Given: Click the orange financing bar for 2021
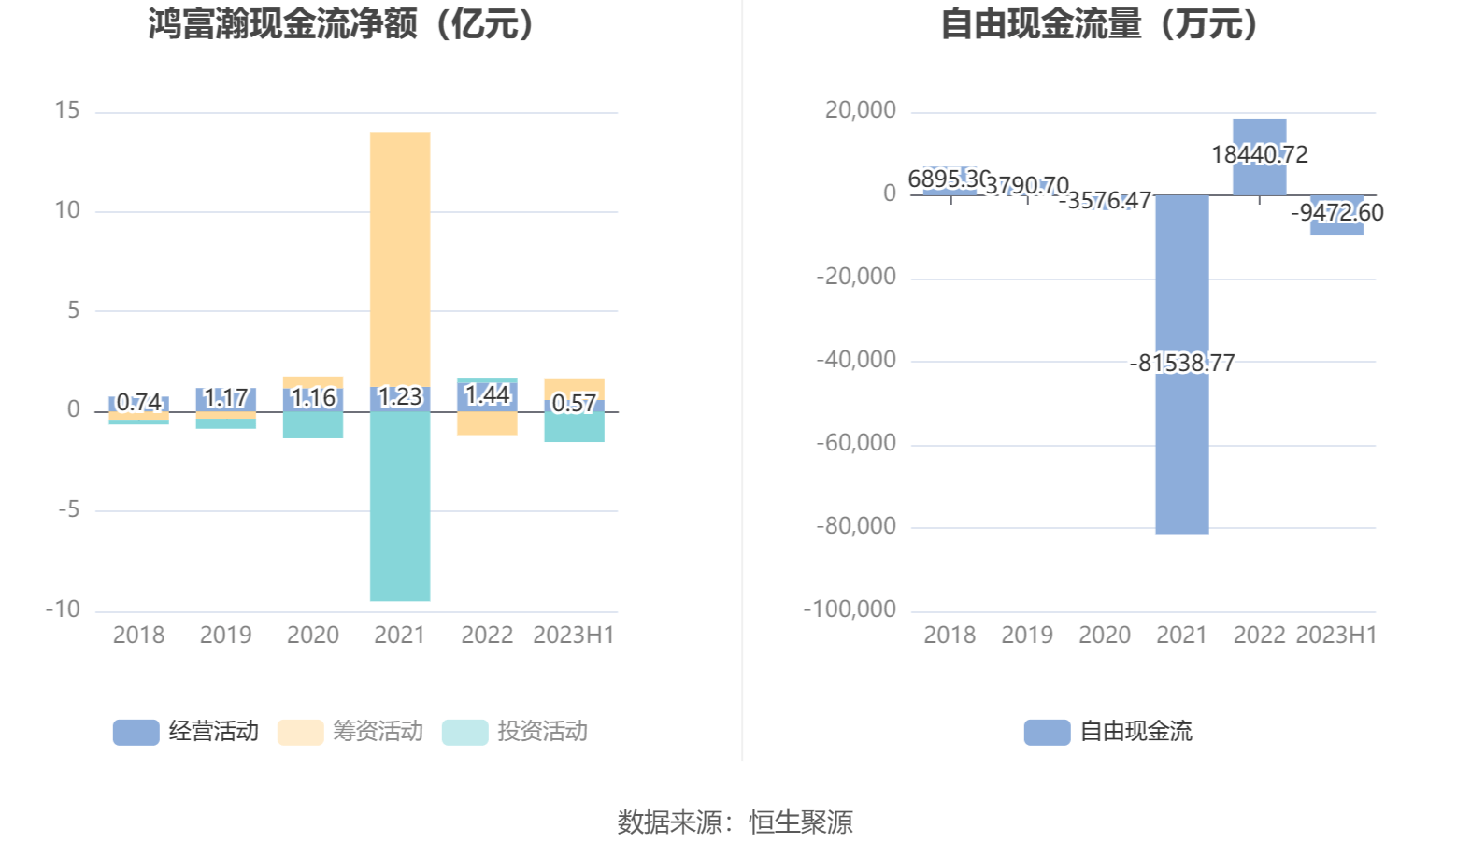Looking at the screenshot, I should [x=400, y=257].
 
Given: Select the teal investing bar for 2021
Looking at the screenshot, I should [x=400, y=506].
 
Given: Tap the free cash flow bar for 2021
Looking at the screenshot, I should [x=1181, y=449].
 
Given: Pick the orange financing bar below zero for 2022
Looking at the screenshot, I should [x=487, y=423].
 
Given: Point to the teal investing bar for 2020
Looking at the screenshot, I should [x=313, y=425].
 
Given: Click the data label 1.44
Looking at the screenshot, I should [x=487, y=395].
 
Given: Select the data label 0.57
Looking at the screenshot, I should [x=574, y=404].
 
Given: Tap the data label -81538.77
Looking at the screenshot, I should [x=1181, y=363].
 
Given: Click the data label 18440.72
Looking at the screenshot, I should [x=1259, y=154].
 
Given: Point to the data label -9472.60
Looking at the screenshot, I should [x=1336, y=213].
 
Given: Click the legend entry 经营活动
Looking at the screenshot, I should [x=187, y=732].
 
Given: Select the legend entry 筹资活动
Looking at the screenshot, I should [x=351, y=732].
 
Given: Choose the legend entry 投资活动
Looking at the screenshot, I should [x=516, y=732].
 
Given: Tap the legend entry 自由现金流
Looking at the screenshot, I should [x=1109, y=732].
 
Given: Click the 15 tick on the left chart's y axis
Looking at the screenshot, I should [x=67, y=111].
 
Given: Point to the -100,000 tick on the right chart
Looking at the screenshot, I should [x=850, y=609].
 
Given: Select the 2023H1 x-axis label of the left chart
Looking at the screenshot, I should [x=573, y=636].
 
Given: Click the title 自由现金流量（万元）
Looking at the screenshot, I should [x=1100, y=24].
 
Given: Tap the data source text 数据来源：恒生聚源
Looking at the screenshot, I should [x=735, y=822].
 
